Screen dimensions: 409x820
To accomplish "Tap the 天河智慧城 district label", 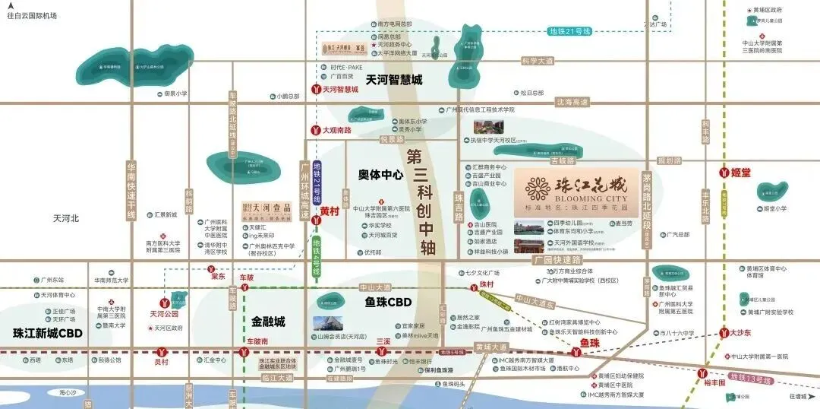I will pos(393,79).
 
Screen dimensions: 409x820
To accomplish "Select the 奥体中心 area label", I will pos(380,175).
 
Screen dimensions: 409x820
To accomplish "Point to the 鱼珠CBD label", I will pos(388,303).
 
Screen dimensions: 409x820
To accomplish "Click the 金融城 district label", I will pos(268,322).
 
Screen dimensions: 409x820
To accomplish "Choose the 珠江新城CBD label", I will pos(47,333).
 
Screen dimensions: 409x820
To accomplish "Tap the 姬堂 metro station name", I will pos(741,173).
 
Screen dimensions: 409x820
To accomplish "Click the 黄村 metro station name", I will pos(330,211).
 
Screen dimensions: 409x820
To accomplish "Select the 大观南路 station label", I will pos(336,130).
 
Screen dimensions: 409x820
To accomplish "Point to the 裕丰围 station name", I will pos(715,384).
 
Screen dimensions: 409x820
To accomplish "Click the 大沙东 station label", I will pos(740,332).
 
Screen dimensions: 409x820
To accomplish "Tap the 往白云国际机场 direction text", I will pos(31,15).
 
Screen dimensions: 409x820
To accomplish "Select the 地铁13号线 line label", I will pos(749,379).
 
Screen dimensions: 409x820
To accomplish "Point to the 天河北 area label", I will pos(66,218).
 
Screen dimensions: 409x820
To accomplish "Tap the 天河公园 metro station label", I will pos(162,313).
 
